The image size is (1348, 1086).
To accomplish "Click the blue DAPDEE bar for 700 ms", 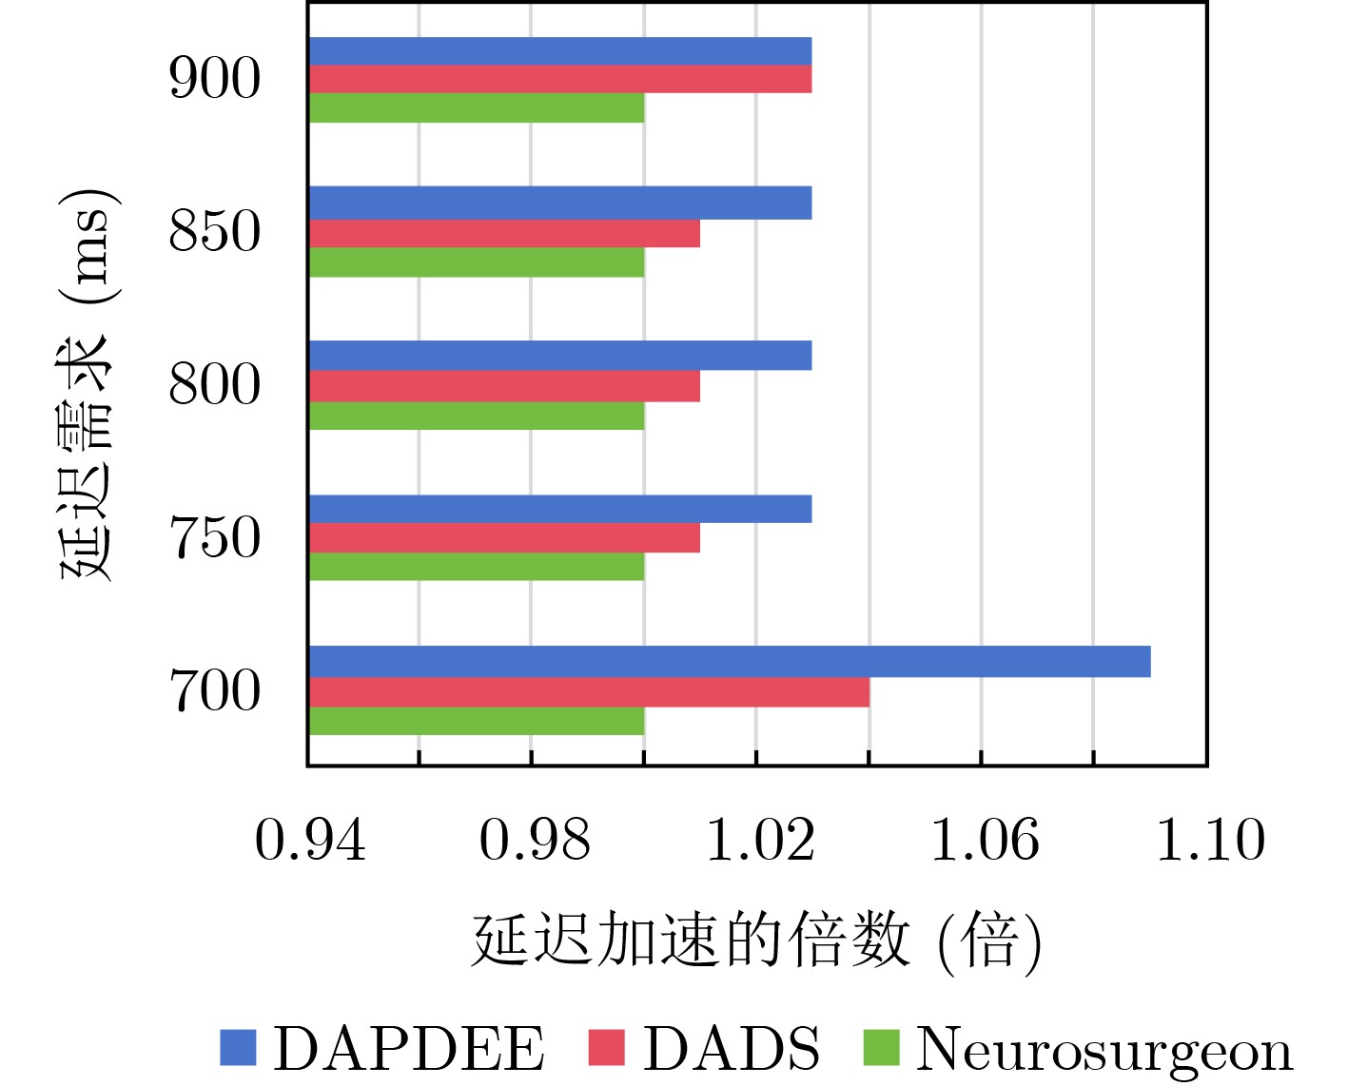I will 729,662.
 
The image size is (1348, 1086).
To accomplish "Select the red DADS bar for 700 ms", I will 589,692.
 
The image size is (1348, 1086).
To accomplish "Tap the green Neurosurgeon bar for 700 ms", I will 477,722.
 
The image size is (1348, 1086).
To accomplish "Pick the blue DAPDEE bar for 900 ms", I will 560,51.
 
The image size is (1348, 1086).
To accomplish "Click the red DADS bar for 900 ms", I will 560,79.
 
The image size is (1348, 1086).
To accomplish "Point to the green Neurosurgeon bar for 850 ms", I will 477,262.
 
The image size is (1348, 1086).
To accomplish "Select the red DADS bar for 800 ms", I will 504,386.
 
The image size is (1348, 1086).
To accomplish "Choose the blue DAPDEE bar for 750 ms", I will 560,510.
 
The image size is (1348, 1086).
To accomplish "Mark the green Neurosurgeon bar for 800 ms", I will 477,416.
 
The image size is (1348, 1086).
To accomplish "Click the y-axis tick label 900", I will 214,79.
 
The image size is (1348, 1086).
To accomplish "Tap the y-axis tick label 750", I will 214,538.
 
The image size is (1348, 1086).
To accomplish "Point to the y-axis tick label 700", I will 214,691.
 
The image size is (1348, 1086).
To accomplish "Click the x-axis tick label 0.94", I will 310,841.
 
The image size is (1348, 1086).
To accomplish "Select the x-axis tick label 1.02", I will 759,841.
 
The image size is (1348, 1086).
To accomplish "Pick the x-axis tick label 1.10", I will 1210,841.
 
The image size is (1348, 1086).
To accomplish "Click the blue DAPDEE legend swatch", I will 238,1047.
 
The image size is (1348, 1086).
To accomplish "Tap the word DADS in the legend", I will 731,1049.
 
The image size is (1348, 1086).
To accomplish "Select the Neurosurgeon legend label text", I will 1104,1051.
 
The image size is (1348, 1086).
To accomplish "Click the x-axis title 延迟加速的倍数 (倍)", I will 757,941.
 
